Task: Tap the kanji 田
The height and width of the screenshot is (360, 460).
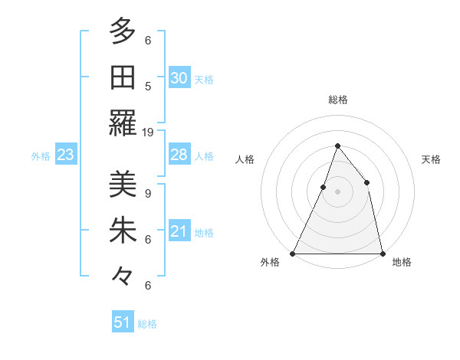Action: [122, 77]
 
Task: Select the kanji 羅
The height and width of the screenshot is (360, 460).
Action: [122, 123]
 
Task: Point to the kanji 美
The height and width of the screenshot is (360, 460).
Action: [122, 185]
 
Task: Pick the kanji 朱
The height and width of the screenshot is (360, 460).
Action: [122, 230]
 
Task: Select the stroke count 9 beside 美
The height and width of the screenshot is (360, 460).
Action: [147, 194]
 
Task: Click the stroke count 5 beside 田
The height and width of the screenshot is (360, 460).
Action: [147, 86]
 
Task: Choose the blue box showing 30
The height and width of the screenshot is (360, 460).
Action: [179, 77]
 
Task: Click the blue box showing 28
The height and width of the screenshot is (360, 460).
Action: [179, 155]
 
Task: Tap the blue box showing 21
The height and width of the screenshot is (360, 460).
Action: [179, 231]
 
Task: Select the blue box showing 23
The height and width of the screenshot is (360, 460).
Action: [65, 155]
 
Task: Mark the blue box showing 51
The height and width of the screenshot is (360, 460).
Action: [123, 322]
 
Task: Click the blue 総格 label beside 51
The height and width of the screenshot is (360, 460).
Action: [147, 324]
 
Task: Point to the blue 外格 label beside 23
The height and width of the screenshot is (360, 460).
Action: [41, 156]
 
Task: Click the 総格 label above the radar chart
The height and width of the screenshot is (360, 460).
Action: [337, 100]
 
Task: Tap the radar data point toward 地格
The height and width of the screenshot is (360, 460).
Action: [382, 253]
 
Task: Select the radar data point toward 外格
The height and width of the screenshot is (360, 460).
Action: [293, 253]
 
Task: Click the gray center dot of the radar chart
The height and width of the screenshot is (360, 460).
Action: [337, 191]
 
